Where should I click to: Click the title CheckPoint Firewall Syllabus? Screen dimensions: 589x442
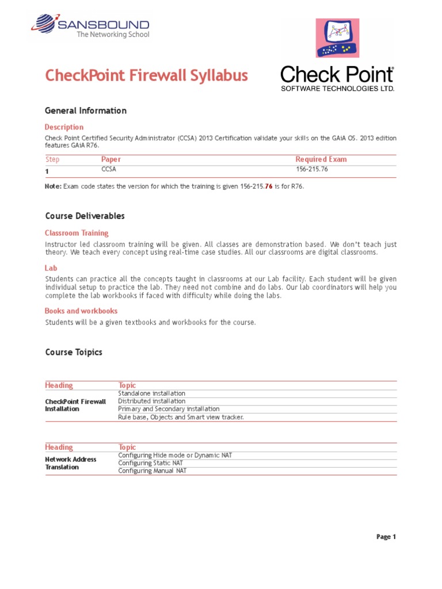[147, 76]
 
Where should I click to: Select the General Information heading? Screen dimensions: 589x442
[86, 110]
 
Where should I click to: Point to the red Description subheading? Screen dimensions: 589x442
[64, 127]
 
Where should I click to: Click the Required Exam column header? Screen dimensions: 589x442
[321, 159]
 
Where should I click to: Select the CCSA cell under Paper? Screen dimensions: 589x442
[109, 170]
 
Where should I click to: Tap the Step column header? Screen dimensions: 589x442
[52, 159]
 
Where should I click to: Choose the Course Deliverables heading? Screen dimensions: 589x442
[85, 216]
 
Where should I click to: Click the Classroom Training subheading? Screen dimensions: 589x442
[77, 233]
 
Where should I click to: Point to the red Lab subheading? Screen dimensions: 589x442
[51, 268]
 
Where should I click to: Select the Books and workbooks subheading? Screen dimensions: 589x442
[81, 311]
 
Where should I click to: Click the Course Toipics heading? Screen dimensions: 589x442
[74, 352]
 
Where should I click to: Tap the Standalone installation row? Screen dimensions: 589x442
[152, 393]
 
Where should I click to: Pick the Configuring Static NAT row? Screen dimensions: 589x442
[151, 463]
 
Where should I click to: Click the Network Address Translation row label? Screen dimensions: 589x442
[71, 463]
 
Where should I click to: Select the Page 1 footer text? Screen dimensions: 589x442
[386, 537]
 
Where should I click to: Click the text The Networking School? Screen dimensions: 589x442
[113, 35]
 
